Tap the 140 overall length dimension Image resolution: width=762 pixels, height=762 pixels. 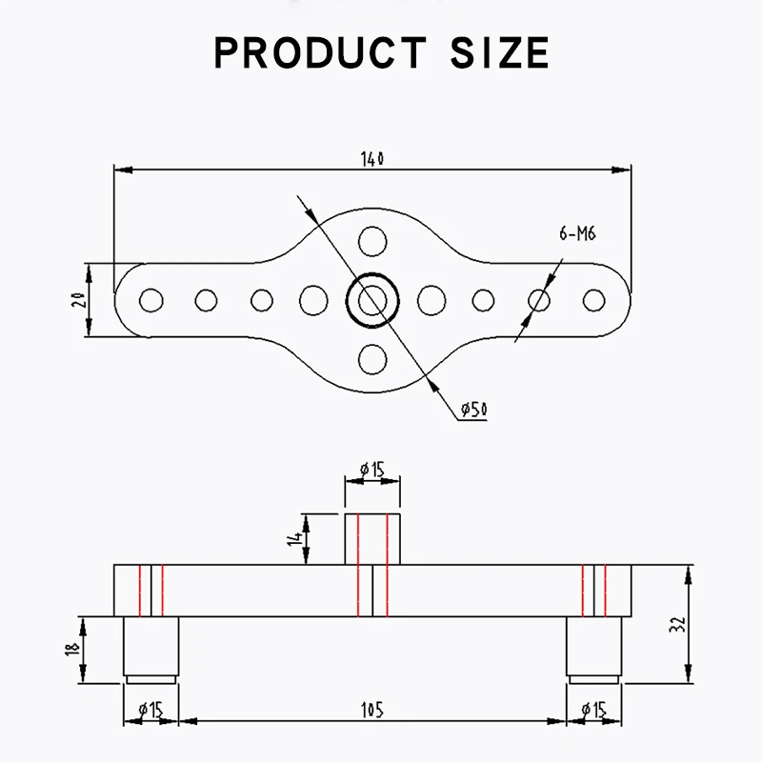click(372, 159)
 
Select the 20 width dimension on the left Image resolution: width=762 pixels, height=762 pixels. click(79, 300)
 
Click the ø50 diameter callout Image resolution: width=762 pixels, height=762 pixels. click(472, 410)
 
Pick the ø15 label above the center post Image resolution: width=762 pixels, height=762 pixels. click(371, 469)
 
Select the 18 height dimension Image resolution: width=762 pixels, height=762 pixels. click(72, 651)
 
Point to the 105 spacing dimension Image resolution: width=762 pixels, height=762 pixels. click(372, 710)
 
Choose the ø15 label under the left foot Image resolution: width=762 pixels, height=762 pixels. click(150, 710)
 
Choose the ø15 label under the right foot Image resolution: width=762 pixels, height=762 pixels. click(594, 710)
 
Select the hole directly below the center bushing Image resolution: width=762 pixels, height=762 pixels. click(371, 360)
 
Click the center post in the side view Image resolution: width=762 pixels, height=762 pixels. click(371, 539)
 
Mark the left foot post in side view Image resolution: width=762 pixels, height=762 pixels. click(150, 648)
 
